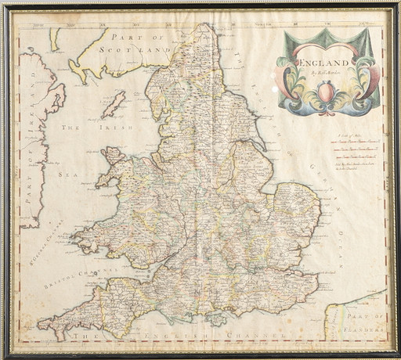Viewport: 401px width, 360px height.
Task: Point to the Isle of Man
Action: coord(114,104)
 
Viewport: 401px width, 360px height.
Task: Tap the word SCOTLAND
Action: coord(142,48)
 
